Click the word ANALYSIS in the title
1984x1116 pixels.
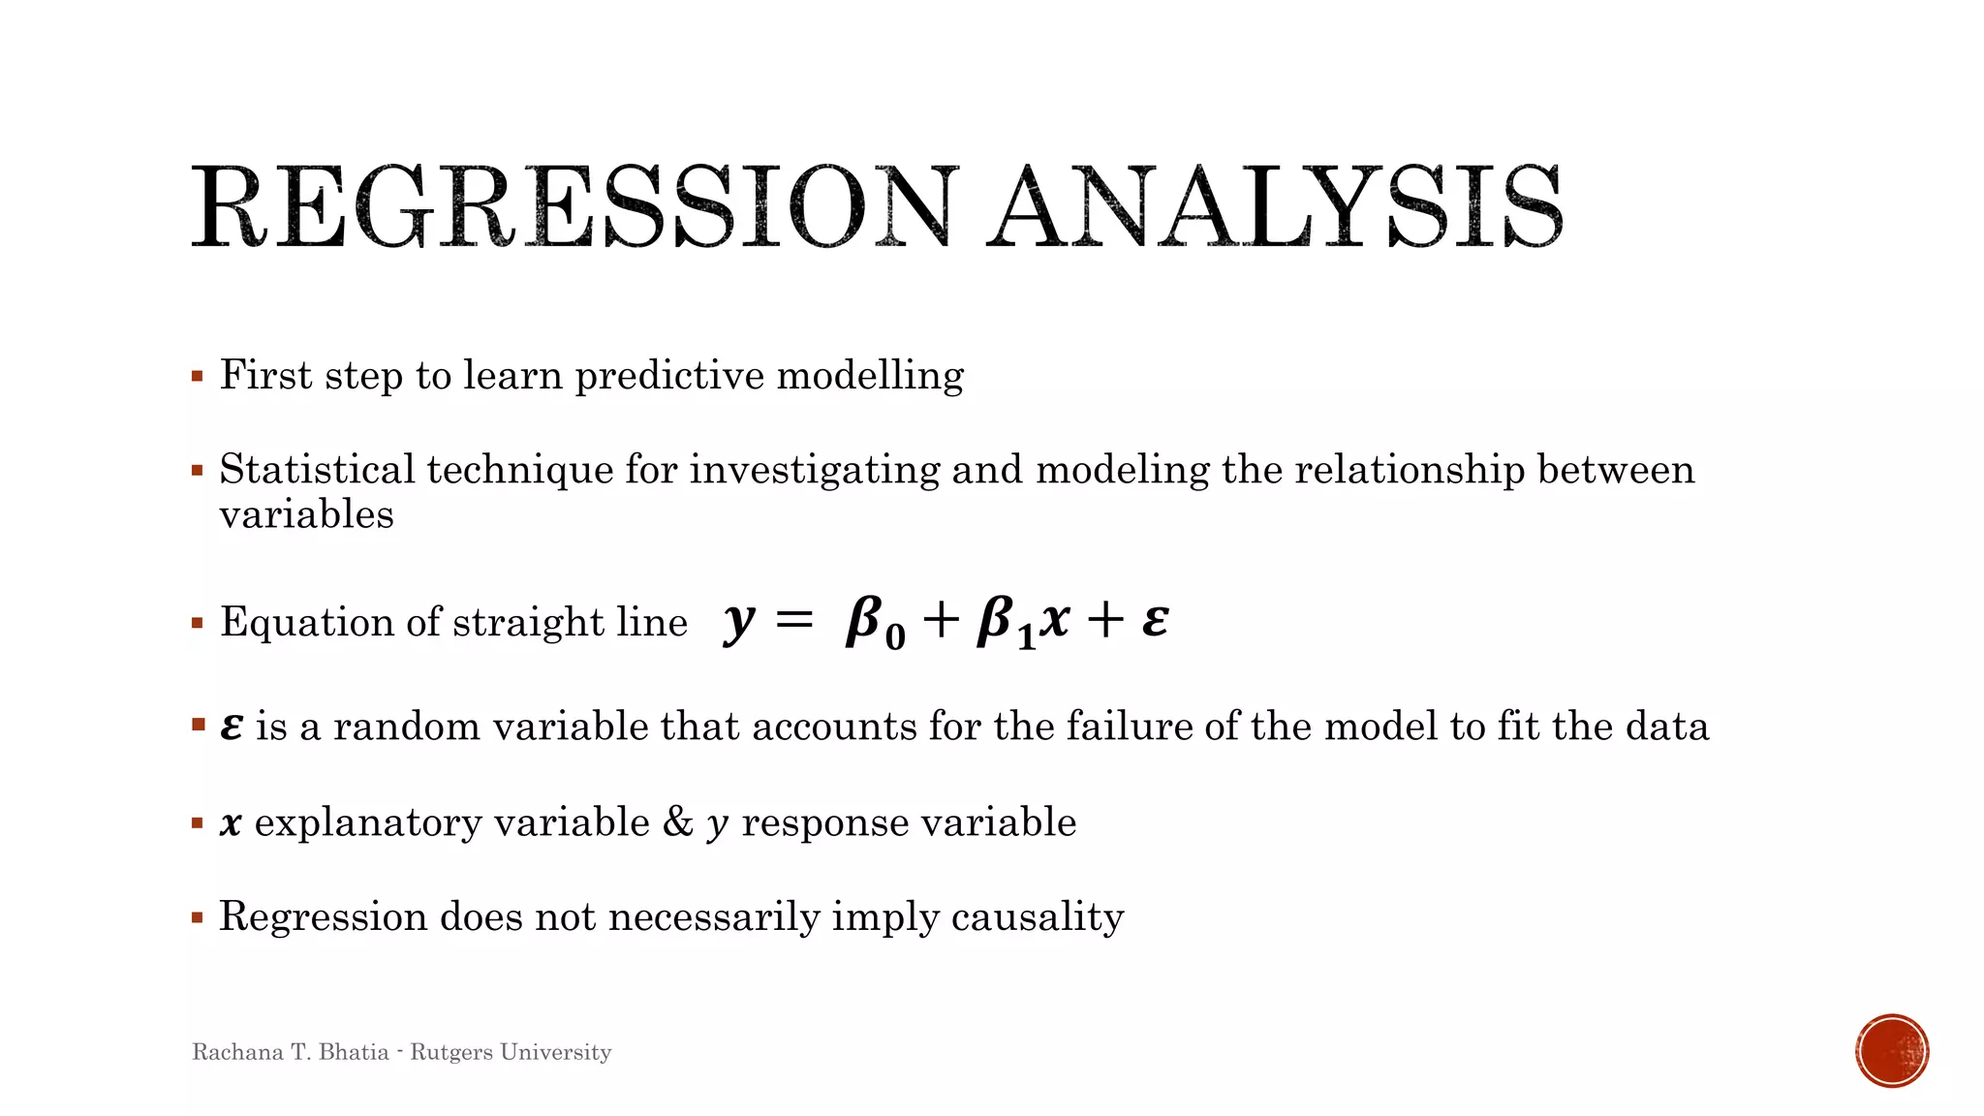click(x=1275, y=207)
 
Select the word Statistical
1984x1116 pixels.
click(x=317, y=470)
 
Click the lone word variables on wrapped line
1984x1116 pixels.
click(x=306, y=514)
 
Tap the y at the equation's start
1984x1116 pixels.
click(x=738, y=620)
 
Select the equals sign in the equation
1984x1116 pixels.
click(x=794, y=620)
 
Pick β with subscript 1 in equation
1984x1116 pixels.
click(x=1005, y=622)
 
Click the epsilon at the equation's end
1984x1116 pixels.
click(x=1155, y=620)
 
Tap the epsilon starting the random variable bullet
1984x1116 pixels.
click(x=231, y=727)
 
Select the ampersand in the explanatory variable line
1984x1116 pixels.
click(x=678, y=821)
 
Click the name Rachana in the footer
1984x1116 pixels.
click(x=237, y=1052)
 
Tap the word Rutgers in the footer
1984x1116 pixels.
click(x=450, y=1052)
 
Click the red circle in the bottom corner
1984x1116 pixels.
click(x=1892, y=1051)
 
